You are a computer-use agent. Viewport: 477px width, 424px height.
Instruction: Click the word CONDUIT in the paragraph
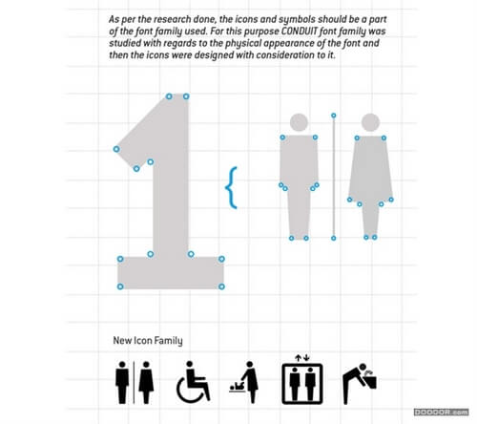300,32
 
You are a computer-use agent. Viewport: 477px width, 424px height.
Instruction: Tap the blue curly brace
232,188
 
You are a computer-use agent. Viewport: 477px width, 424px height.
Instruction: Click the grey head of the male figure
299,122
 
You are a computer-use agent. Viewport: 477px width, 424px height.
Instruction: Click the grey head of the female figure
370,122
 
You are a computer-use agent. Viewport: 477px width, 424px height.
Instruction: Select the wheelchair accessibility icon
193,382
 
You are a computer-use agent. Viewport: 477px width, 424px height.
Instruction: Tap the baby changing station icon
244,382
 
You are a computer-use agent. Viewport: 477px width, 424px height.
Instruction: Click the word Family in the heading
169,341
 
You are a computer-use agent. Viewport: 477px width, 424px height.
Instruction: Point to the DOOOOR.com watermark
441,413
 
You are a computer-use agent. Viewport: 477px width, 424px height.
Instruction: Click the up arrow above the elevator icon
298,358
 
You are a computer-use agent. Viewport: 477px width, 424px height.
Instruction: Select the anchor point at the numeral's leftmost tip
116,149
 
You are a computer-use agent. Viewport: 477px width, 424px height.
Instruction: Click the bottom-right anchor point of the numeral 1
221,286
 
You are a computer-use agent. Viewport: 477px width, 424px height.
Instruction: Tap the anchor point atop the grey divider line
333,116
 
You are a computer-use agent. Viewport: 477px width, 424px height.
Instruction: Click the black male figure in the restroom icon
122,382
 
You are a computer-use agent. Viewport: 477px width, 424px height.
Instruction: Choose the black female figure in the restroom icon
146,382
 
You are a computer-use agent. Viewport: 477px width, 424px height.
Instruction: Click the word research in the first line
172,19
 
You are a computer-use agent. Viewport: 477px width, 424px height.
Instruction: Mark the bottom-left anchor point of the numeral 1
120,286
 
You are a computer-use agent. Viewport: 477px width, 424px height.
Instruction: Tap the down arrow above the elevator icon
306,358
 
